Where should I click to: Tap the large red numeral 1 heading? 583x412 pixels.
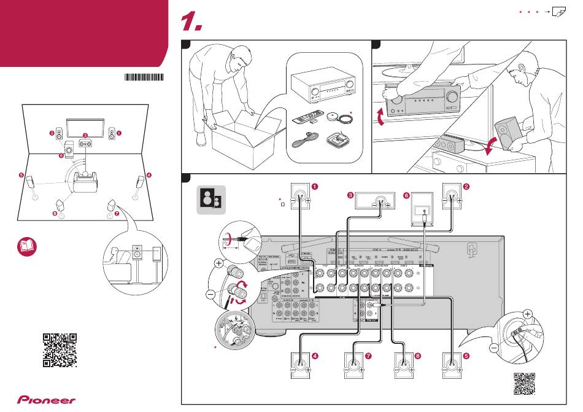(192, 23)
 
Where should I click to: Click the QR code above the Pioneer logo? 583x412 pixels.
(60, 349)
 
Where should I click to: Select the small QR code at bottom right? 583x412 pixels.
(524, 384)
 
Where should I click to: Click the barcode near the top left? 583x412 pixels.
(145, 77)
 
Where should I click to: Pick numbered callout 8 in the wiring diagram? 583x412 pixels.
(418, 356)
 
